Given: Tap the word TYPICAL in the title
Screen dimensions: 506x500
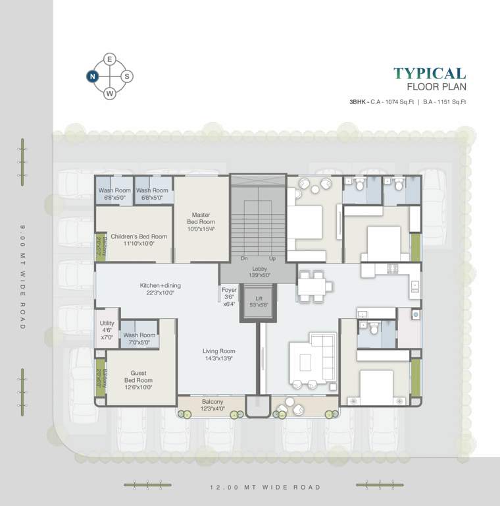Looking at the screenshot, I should (x=429, y=74).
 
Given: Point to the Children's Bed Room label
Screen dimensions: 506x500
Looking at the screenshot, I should (x=138, y=240).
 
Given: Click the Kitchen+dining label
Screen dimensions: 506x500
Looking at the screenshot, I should (x=160, y=289).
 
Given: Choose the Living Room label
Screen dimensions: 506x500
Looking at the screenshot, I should (x=218, y=355).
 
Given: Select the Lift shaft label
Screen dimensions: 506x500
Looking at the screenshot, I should (x=253, y=302).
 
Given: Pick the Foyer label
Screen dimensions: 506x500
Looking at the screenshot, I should (x=228, y=296).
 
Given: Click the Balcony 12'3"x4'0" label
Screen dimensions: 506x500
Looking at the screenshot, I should (x=213, y=405).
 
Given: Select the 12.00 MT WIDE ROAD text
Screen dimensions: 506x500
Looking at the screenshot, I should (x=265, y=488).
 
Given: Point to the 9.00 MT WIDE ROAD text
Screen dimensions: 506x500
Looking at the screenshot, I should (x=22, y=277).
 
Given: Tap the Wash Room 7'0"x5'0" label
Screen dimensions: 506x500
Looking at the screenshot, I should (x=139, y=339).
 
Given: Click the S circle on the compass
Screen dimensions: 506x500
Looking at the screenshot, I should (x=127, y=76).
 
